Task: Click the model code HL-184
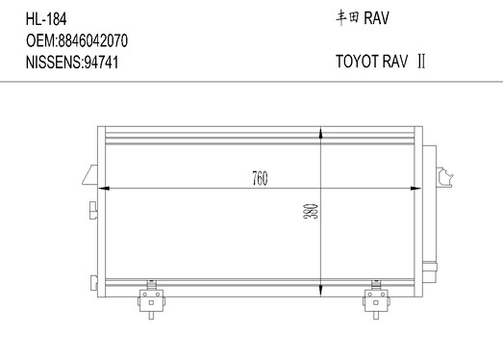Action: pos(46,19)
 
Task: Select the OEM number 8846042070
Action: pos(92,40)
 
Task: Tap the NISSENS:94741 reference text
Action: pos(72,62)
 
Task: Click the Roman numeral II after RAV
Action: pos(421,61)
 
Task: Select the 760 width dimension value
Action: pos(260,178)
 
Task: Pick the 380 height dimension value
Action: pos(311,211)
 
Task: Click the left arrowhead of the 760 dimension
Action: pos(103,189)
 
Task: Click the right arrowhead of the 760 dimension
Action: pos(416,189)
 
